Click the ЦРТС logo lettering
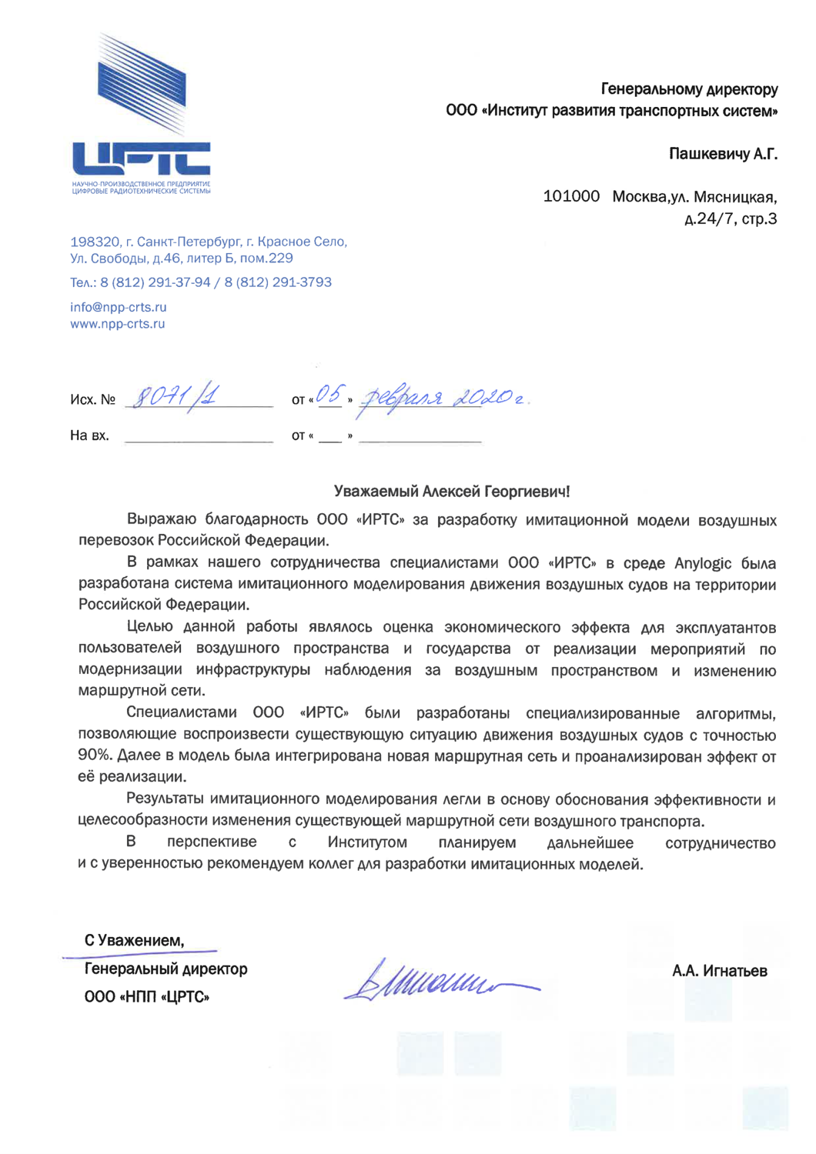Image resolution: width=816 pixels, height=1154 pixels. pyautogui.click(x=141, y=158)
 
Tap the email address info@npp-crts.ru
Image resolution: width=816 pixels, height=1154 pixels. pyautogui.click(x=119, y=307)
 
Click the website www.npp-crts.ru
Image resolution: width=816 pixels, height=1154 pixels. pyautogui.click(x=118, y=324)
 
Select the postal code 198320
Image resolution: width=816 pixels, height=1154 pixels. pyautogui.click(x=95, y=242)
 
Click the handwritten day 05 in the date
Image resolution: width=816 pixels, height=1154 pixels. pyautogui.click(x=329, y=395)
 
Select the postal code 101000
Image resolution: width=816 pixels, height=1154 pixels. pyautogui.click(x=571, y=196)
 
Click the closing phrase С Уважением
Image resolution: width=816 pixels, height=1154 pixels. pyautogui.click(x=134, y=940)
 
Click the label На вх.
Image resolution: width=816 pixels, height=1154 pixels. pyautogui.click(x=89, y=435)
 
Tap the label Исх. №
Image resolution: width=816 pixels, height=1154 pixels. pyautogui.click(x=92, y=399)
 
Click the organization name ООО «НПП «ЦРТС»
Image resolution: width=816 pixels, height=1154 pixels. pyautogui.click(x=147, y=997)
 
